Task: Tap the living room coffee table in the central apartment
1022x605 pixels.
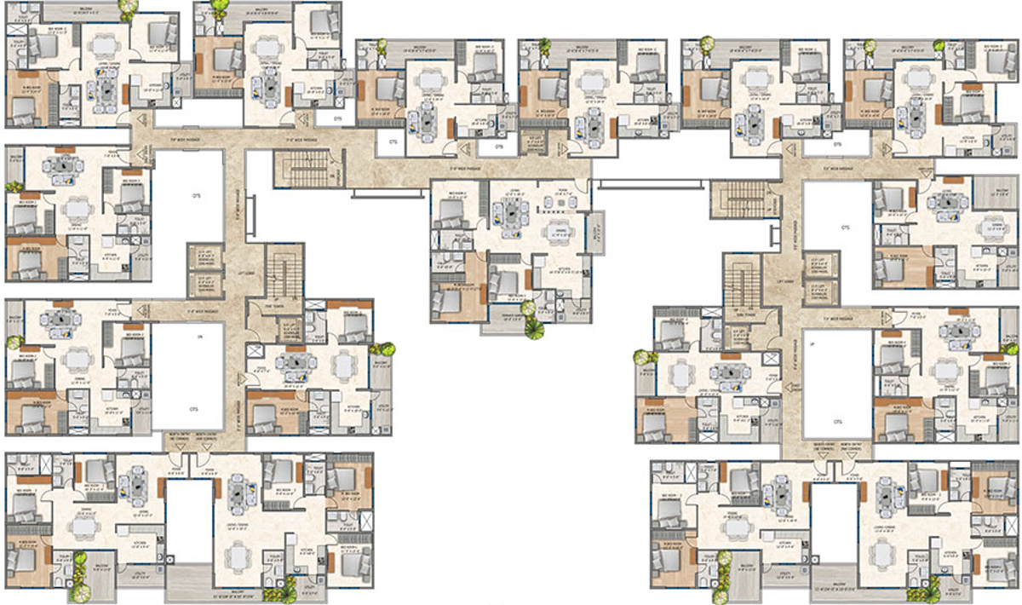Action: click(x=513, y=215)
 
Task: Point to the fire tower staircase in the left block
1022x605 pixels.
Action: click(x=280, y=274)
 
